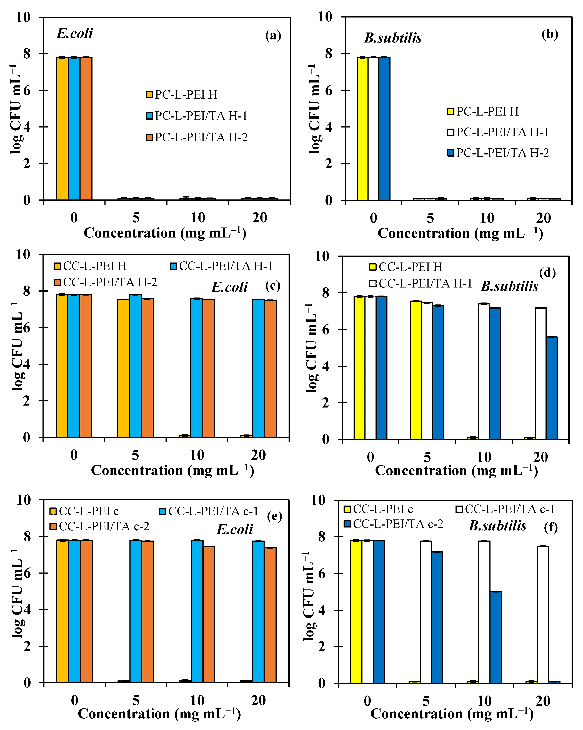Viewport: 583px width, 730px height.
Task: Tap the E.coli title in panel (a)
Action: coord(74,34)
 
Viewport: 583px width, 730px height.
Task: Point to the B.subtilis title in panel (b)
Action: coord(393,38)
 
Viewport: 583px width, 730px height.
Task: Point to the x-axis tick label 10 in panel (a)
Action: coord(198,218)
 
